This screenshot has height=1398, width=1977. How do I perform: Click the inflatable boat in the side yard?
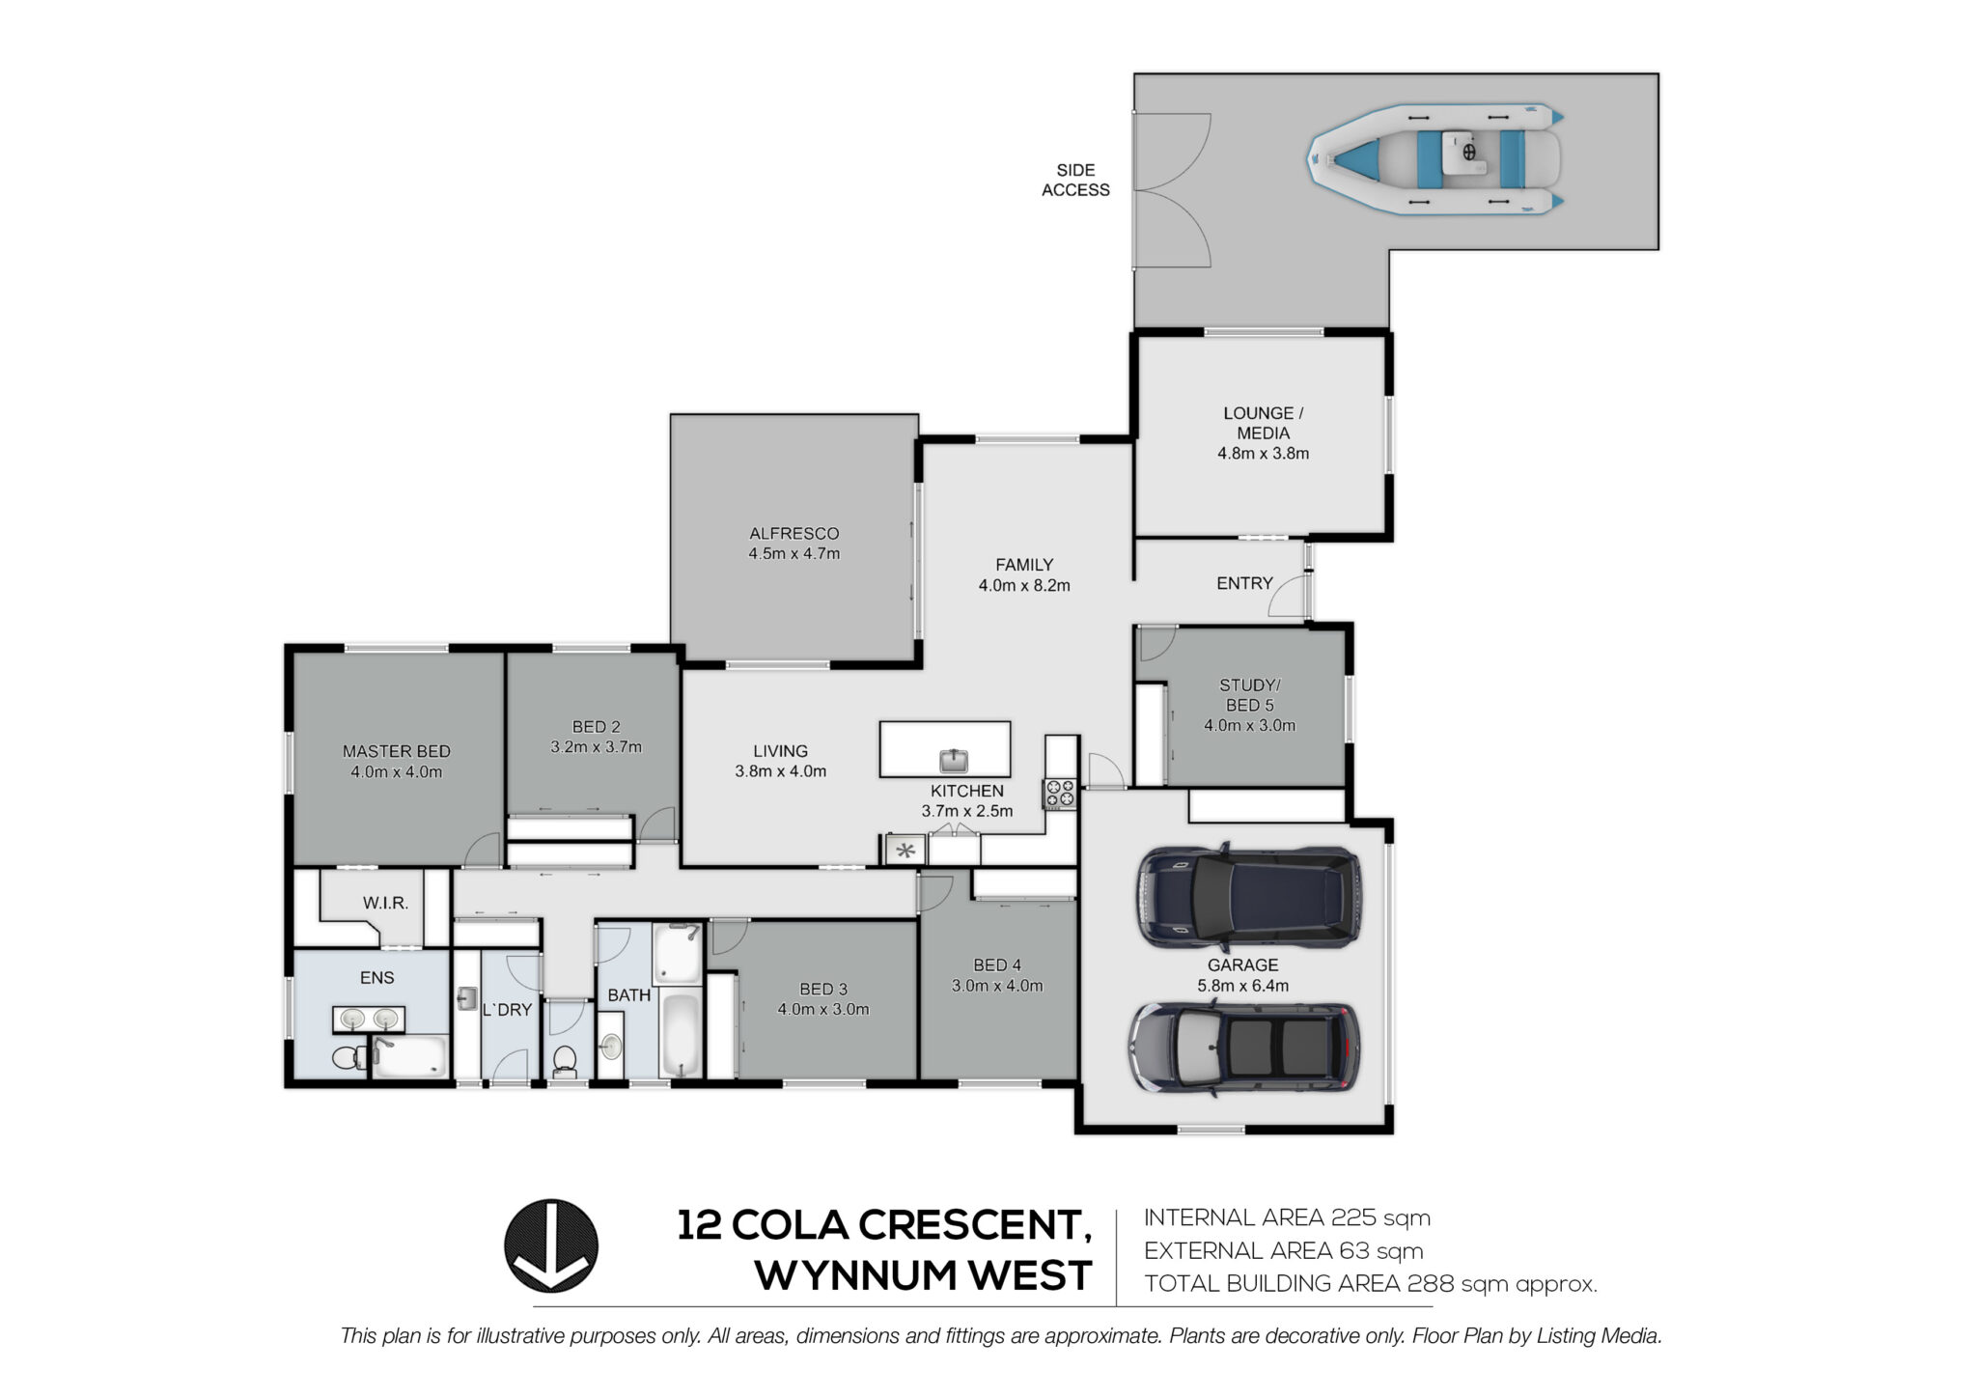[1434, 159]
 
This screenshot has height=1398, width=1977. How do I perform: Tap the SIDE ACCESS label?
[1075, 181]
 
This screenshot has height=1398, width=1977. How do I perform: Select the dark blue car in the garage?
[1249, 894]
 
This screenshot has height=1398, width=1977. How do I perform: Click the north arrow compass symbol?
[551, 1245]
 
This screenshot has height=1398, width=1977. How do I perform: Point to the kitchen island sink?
[954, 761]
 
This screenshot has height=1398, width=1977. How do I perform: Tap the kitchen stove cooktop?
[1059, 794]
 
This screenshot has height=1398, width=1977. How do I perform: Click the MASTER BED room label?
[397, 751]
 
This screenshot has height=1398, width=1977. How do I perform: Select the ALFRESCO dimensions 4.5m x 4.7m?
[794, 554]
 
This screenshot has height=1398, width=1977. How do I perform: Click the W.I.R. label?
[386, 904]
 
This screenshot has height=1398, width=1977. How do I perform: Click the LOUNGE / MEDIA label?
[1263, 423]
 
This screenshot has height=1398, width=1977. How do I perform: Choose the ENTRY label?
[1244, 583]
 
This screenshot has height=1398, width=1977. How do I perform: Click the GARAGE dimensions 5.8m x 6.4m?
[1242, 986]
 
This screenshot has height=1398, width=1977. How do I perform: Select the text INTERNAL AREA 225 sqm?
[1287, 1217]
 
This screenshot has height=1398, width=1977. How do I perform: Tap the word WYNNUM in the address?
[855, 1275]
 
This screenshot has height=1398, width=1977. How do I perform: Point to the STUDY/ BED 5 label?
[1249, 695]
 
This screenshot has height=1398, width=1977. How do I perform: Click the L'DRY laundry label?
[507, 1010]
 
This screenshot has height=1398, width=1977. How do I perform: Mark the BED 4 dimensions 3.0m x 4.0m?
[997, 986]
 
